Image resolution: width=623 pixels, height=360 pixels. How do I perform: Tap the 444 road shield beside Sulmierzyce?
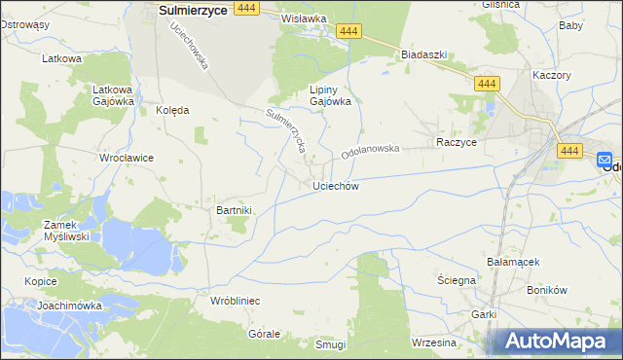pos(246,8)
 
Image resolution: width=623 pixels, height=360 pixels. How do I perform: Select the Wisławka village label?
pos(303,18)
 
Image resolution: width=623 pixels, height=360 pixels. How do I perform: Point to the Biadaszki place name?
pos(423,55)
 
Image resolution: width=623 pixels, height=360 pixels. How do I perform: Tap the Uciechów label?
pos(336,186)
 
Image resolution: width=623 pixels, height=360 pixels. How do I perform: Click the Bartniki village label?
pos(234,209)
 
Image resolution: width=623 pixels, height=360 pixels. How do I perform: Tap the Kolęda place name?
pos(172,111)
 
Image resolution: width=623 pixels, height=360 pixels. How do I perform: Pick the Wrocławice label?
pos(127,158)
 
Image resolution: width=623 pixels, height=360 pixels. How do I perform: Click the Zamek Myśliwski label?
pos(66,230)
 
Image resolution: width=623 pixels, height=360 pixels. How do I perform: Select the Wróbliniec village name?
pos(235,302)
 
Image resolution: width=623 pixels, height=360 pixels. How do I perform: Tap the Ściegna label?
pos(456,280)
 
